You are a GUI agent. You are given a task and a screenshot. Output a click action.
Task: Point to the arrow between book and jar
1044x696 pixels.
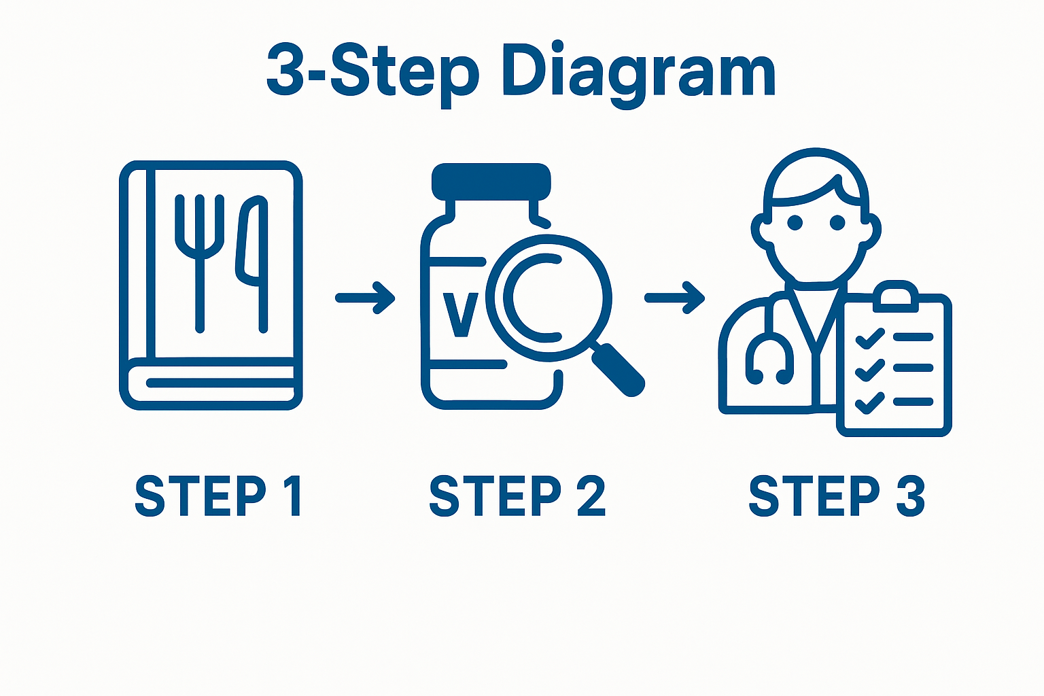[366, 298]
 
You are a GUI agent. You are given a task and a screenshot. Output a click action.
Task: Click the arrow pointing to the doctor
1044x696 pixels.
[674, 298]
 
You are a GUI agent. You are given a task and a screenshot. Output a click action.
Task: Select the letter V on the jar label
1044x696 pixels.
[460, 314]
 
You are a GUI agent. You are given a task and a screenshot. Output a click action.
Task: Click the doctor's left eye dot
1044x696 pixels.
[795, 222]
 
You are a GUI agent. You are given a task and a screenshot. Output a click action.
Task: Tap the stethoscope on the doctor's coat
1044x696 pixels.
[770, 353]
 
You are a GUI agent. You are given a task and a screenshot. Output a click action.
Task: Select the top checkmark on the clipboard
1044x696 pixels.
[869, 338]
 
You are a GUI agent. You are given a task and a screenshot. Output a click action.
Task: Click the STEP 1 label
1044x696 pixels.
[218, 496]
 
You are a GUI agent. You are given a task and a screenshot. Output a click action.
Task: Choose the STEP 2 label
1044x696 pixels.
[517, 496]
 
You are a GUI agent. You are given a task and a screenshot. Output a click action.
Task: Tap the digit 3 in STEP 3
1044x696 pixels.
[910, 496]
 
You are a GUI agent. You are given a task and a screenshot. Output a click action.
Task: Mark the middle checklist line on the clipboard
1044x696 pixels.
[913, 368]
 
